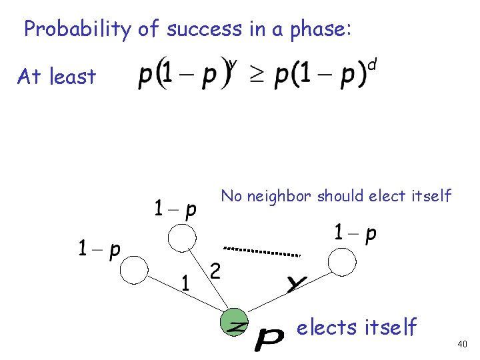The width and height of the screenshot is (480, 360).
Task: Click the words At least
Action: pyautogui.click(x=57, y=77)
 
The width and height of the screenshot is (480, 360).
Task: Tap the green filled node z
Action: pyautogui.click(x=234, y=323)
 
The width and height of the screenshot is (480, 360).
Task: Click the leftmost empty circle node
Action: pyautogui.click(x=134, y=270)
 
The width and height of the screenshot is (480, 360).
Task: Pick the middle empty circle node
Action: pyautogui.click(x=181, y=237)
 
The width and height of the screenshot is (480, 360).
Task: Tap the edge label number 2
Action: pyautogui.click(x=215, y=271)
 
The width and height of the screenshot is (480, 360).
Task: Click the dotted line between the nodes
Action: pyautogui.click(x=261, y=251)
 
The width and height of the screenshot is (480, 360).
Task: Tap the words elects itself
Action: pyautogui.click(x=356, y=327)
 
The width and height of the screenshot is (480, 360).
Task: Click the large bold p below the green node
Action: pyautogui.click(x=269, y=342)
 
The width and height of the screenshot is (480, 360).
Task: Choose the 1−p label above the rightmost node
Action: pyautogui.click(x=355, y=233)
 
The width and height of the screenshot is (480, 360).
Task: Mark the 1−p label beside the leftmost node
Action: pyautogui.click(x=99, y=249)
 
